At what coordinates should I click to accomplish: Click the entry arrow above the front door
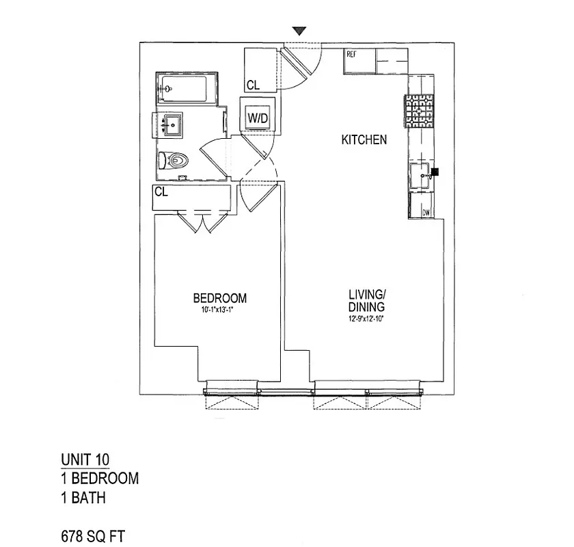point(299,31)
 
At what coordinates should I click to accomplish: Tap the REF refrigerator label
point(353,53)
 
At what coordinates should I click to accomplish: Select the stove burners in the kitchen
point(418,110)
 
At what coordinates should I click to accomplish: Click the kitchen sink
point(420,171)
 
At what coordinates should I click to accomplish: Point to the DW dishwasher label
point(426,213)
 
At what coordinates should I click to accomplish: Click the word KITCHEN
point(364,140)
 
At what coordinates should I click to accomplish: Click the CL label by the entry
point(253,85)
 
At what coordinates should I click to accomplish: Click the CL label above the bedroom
point(161,192)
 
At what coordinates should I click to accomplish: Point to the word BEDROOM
point(219,298)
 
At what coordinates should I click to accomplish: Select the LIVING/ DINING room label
point(366,301)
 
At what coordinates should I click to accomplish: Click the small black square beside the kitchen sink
point(434,172)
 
